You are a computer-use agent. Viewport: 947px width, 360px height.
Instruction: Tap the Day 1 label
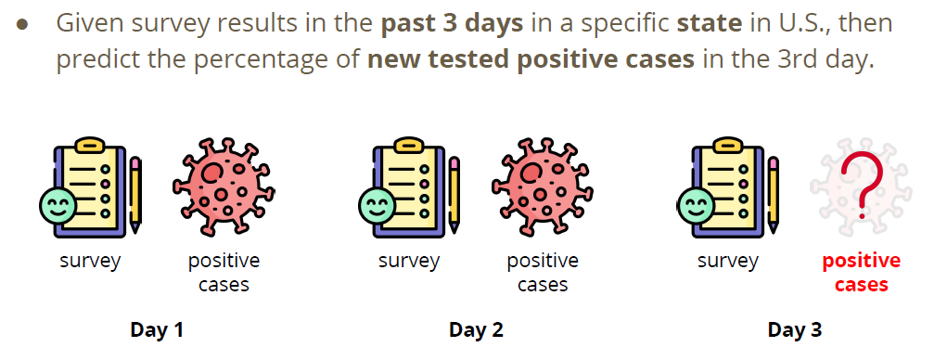(x=157, y=329)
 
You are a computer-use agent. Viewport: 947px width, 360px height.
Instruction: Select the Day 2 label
(x=476, y=329)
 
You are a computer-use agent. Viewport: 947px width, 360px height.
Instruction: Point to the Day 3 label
(x=794, y=329)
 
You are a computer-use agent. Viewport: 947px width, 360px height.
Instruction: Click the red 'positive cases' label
(x=862, y=273)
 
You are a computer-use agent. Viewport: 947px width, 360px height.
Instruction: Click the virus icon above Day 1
(x=224, y=186)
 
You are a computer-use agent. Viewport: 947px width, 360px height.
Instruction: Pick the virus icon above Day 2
(x=543, y=186)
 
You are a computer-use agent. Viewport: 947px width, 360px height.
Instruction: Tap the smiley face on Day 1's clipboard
(x=58, y=205)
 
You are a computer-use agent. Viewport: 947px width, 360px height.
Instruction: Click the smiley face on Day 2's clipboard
(x=377, y=205)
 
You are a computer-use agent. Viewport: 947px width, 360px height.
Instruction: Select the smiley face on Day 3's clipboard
(x=696, y=205)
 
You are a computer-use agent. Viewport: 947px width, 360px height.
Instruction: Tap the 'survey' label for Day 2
(x=409, y=261)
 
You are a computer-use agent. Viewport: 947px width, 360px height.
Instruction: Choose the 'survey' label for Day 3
(x=728, y=261)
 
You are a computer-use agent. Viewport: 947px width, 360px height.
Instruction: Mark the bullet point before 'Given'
(x=22, y=25)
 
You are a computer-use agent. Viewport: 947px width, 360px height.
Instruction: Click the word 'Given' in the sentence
(x=91, y=23)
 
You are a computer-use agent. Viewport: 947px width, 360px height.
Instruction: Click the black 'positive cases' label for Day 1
(x=224, y=273)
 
